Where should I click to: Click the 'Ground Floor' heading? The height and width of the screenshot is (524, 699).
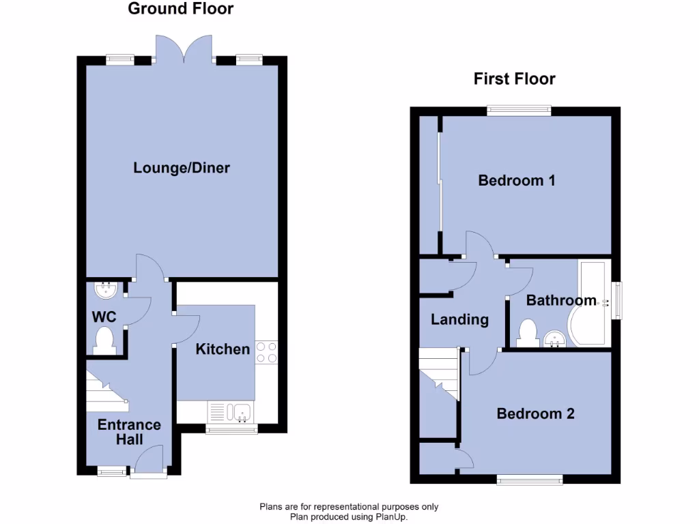coord(180,9)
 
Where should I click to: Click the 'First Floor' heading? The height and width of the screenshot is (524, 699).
coord(514,79)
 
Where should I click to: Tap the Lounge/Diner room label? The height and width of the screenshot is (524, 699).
coord(182,168)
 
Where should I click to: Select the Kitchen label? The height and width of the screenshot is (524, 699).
coord(223,349)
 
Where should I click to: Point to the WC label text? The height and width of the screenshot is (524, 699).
coord(104,317)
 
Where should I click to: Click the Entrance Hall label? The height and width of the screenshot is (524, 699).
coord(129,432)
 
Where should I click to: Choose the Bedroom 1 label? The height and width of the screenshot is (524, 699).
coord(516,181)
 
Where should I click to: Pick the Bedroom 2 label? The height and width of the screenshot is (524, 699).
coord(535,413)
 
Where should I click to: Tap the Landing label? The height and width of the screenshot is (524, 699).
coord(459,319)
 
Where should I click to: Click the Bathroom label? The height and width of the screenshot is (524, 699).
coord(561,301)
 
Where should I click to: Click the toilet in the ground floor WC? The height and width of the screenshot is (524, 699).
coord(104,340)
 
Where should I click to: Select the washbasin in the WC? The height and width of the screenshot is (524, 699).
coord(106,290)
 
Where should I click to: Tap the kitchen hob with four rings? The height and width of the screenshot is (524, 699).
coord(267,352)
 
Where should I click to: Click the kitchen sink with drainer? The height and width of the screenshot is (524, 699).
coord(231,412)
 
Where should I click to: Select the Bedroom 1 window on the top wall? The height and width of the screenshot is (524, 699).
coord(519,110)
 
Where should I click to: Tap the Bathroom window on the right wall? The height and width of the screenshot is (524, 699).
coord(617,300)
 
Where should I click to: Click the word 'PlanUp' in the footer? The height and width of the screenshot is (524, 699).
coord(390,516)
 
